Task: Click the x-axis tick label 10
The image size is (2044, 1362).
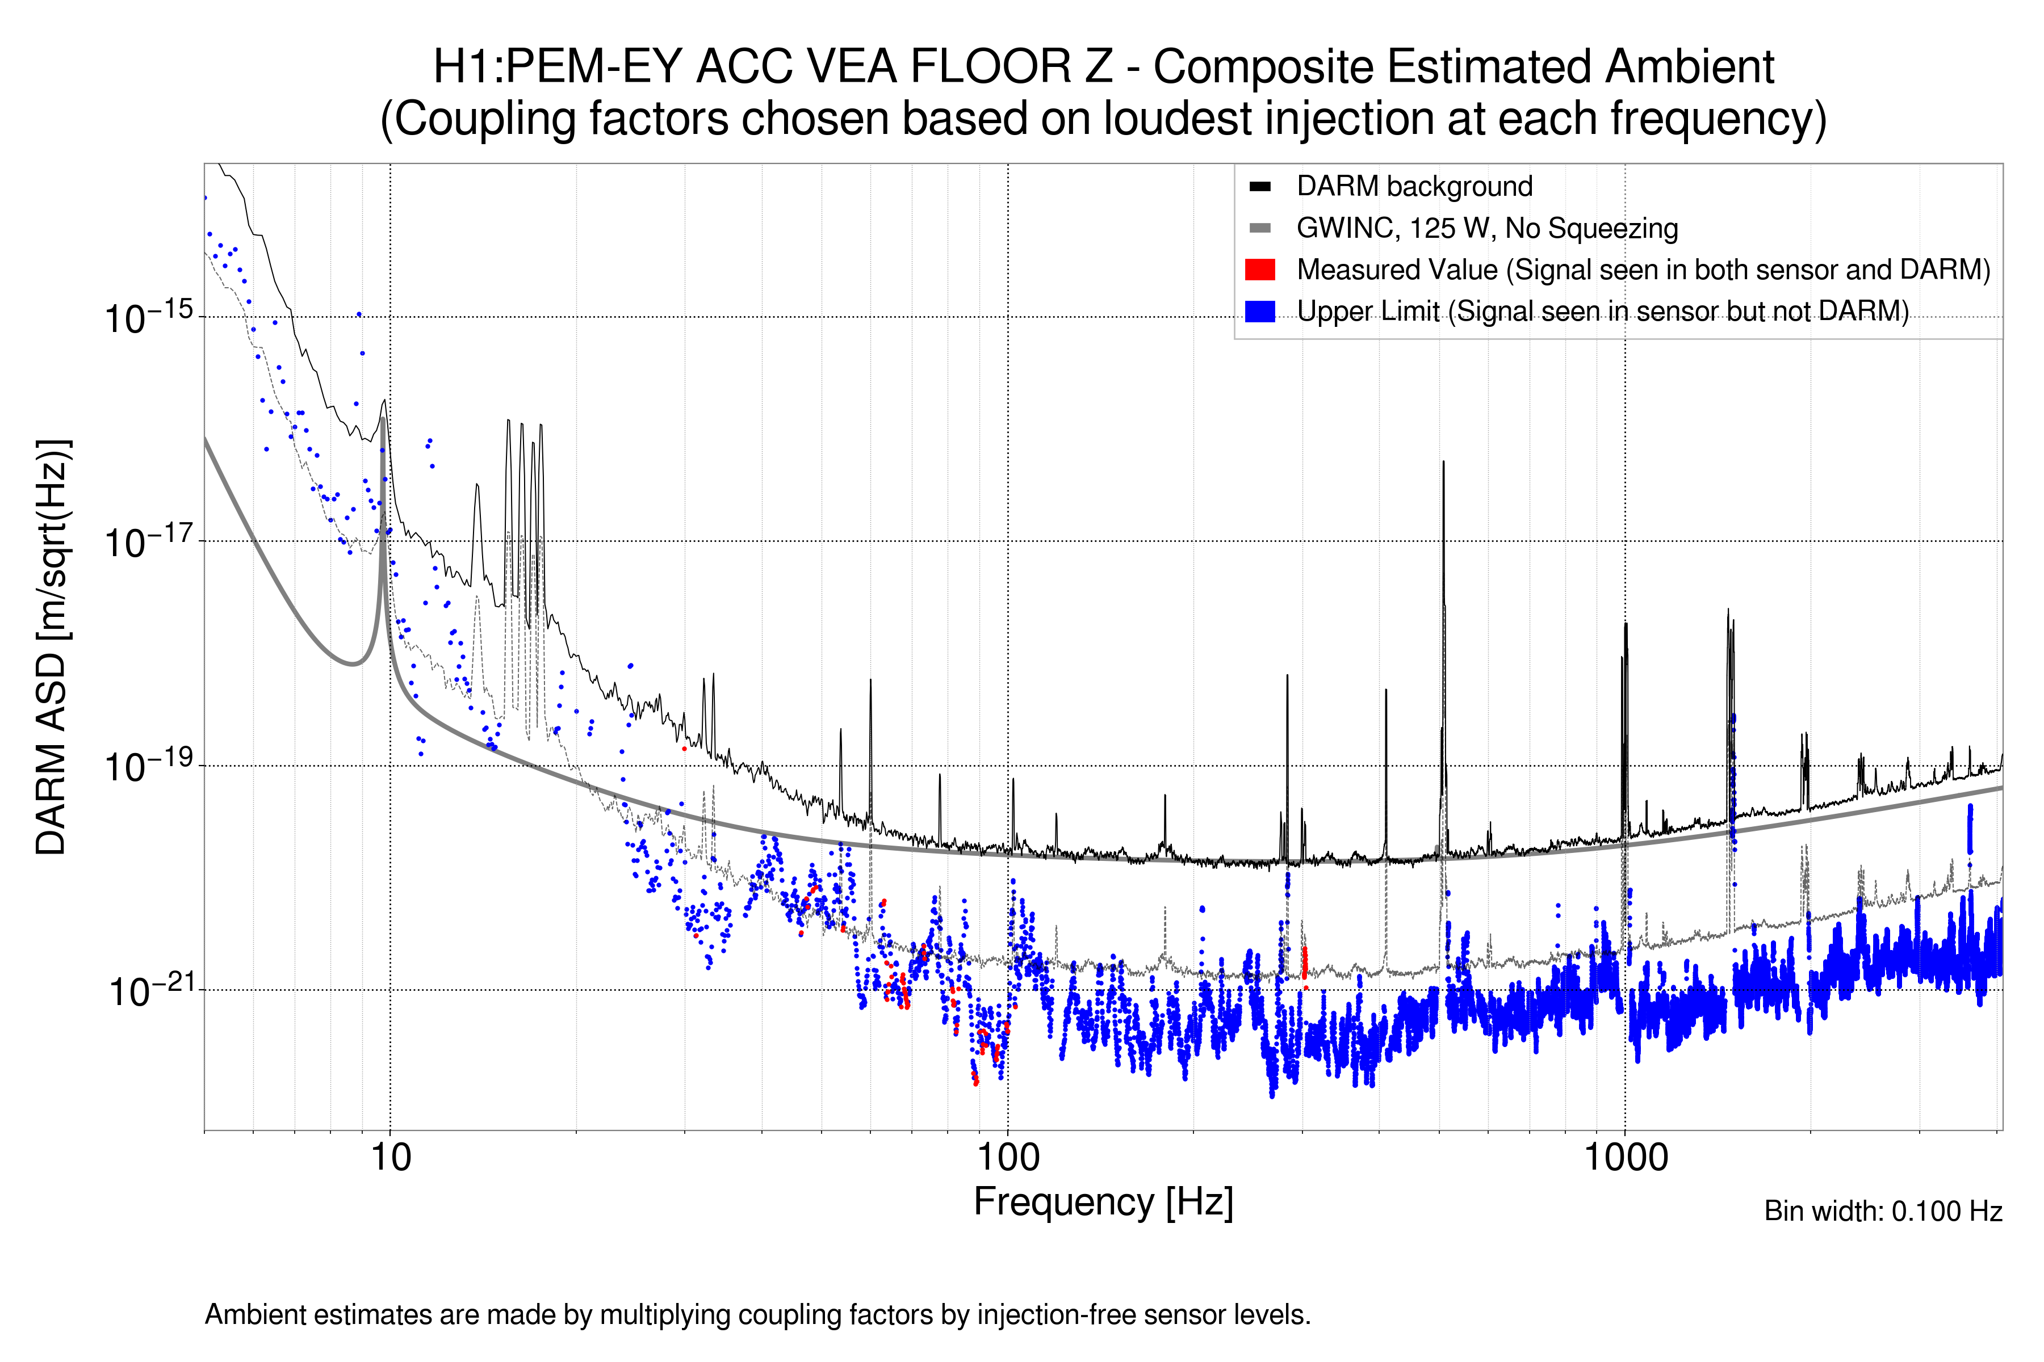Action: (x=390, y=1158)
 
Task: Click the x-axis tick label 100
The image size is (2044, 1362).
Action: (x=1008, y=1158)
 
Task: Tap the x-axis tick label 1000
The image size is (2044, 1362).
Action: (x=1625, y=1158)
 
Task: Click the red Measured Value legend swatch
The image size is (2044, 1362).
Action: (x=1259, y=270)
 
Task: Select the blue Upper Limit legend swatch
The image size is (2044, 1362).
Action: (x=1259, y=311)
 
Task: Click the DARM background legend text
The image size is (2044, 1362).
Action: (x=1414, y=187)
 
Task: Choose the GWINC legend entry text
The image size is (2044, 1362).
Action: (x=1486, y=229)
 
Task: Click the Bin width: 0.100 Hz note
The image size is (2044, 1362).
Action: (x=1882, y=1211)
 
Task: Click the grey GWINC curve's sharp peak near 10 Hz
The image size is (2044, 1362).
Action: (x=382, y=421)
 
